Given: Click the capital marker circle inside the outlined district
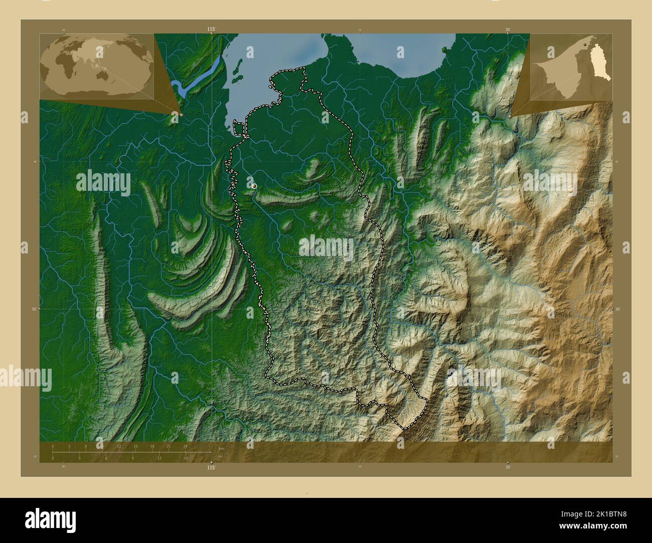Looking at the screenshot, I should tap(254, 186).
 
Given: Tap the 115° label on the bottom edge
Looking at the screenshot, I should tap(212, 467).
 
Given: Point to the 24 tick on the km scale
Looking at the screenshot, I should tap(186, 446).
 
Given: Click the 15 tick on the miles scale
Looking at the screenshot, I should tap(186, 458).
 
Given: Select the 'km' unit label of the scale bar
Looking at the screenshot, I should tap(221, 448).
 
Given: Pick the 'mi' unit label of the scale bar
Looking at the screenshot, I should tap(221, 456).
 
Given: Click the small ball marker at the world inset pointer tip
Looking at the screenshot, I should tap(181, 115).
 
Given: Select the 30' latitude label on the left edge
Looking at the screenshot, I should tap(34, 309).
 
